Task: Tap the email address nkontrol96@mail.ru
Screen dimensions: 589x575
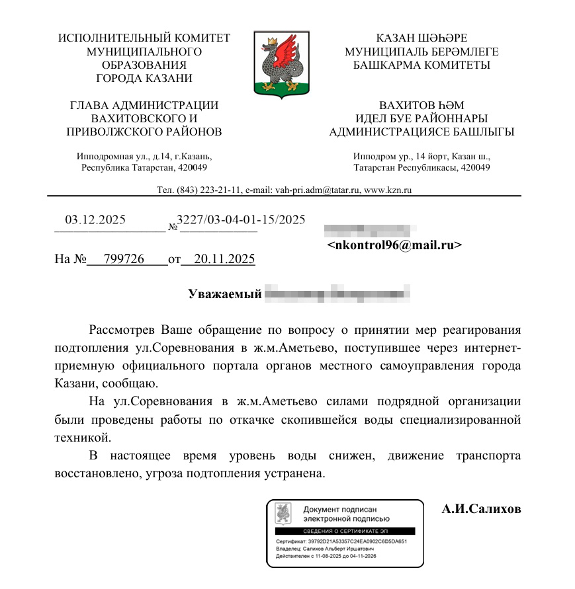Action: click(x=394, y=245)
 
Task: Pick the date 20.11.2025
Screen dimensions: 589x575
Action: click(x=218, y=259)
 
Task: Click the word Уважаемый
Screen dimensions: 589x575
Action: click(x=225, y=294)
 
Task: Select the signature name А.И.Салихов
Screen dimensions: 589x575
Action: click(x=481, y=509)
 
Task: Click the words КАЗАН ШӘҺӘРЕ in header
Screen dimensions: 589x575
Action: click(x=421, y=38)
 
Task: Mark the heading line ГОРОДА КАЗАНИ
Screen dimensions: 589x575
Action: click(x=144, y=78)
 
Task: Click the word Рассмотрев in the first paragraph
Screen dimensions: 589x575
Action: click(x=122, y=329)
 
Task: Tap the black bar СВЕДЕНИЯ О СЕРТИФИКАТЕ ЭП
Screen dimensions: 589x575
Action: click(x=345, y=531)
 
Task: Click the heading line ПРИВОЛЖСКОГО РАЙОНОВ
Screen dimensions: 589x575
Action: click(x=144, y=132)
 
